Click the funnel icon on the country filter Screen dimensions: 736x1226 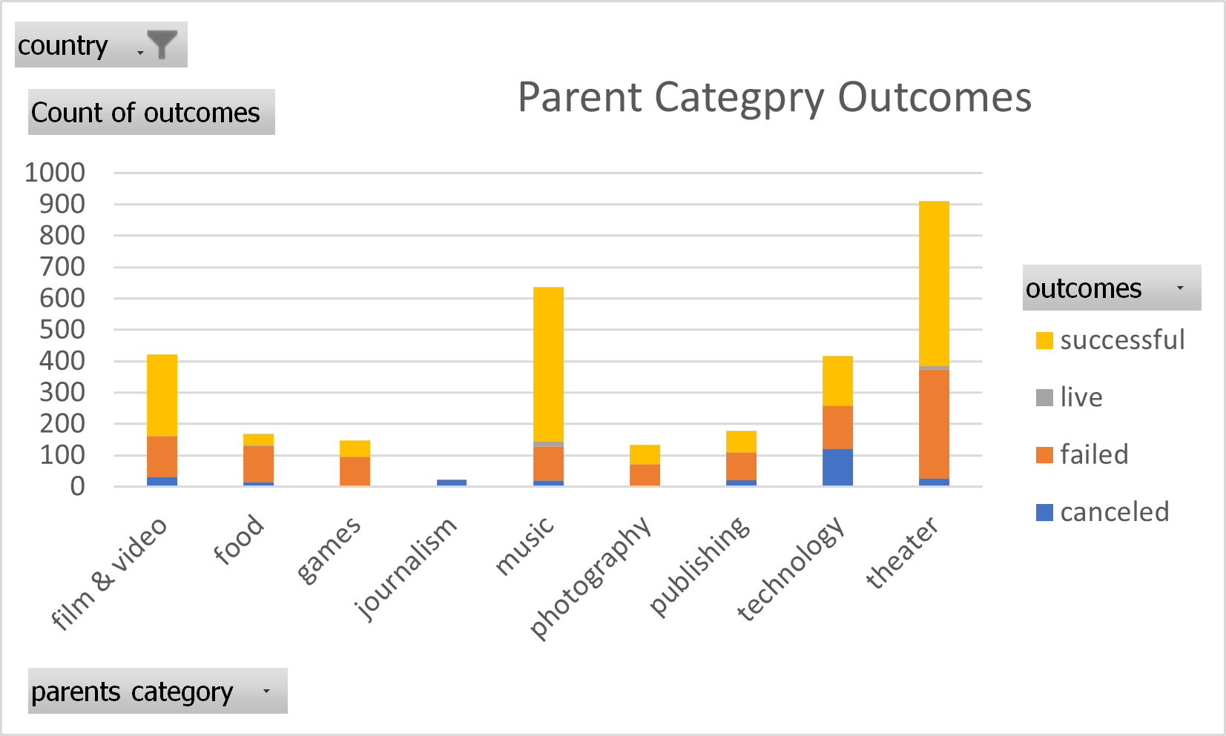pyautogui.click(x=162, y=44)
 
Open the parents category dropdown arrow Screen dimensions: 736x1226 pyautogui.click(x=266, y=691)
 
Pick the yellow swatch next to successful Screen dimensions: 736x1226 pyautogui.click(x=1044, y=340)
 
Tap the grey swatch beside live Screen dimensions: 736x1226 pyautogui.click(x=1044, y=397)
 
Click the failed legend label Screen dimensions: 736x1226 pyautogui.click(x=1094, y=454)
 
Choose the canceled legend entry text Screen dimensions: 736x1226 pyautogui.click(x=1114, y=511)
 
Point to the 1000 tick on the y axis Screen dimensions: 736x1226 pyautogui.click(x=55, y=173)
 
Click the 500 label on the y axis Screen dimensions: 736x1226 pyautogui.click(x=62, y=330)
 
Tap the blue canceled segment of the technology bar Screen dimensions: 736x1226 pyautogui.click(x=837, y=468)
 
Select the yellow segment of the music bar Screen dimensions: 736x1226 pyautogui.click(x=548, y=363)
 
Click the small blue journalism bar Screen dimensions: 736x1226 pyautogui.click(x=452, y=483)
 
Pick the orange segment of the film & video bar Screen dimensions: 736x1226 pyautogui.click(x=162, y=457)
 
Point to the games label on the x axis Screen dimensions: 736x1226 pyautogui.click(x=329, y=550)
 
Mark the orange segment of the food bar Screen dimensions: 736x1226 pyautogui.click(x=258, y=464)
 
